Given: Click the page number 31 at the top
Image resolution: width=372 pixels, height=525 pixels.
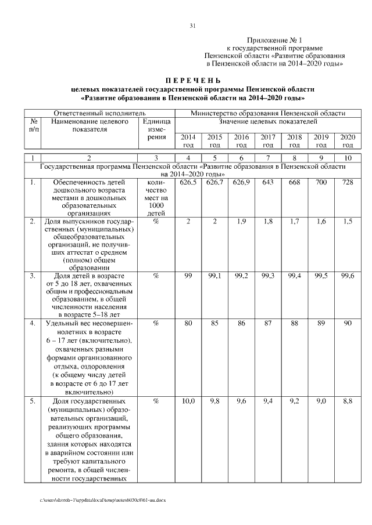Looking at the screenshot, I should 192,25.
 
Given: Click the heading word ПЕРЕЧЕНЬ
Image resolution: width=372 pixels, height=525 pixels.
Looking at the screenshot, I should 192,80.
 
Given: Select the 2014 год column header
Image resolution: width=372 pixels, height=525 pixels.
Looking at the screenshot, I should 188,140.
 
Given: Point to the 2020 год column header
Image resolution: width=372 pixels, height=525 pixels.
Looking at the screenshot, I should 348,140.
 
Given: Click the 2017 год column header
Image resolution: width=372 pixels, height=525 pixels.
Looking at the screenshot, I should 267,140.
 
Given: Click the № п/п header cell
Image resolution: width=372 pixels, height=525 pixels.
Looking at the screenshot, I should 34,126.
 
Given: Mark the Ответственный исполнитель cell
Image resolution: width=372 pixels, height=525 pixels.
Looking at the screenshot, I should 99,113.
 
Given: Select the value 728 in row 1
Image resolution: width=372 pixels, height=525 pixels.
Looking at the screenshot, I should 348,183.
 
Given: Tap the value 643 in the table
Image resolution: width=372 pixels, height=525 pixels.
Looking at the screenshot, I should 267,183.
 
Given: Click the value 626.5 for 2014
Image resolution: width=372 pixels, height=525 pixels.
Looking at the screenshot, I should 188,183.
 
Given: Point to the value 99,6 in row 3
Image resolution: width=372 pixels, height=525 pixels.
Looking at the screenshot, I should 348,276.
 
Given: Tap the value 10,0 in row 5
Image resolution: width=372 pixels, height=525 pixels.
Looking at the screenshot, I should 188,401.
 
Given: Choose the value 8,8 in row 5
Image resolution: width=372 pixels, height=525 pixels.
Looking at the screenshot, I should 348,401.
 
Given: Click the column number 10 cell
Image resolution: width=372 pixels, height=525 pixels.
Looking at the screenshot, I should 348,158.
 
